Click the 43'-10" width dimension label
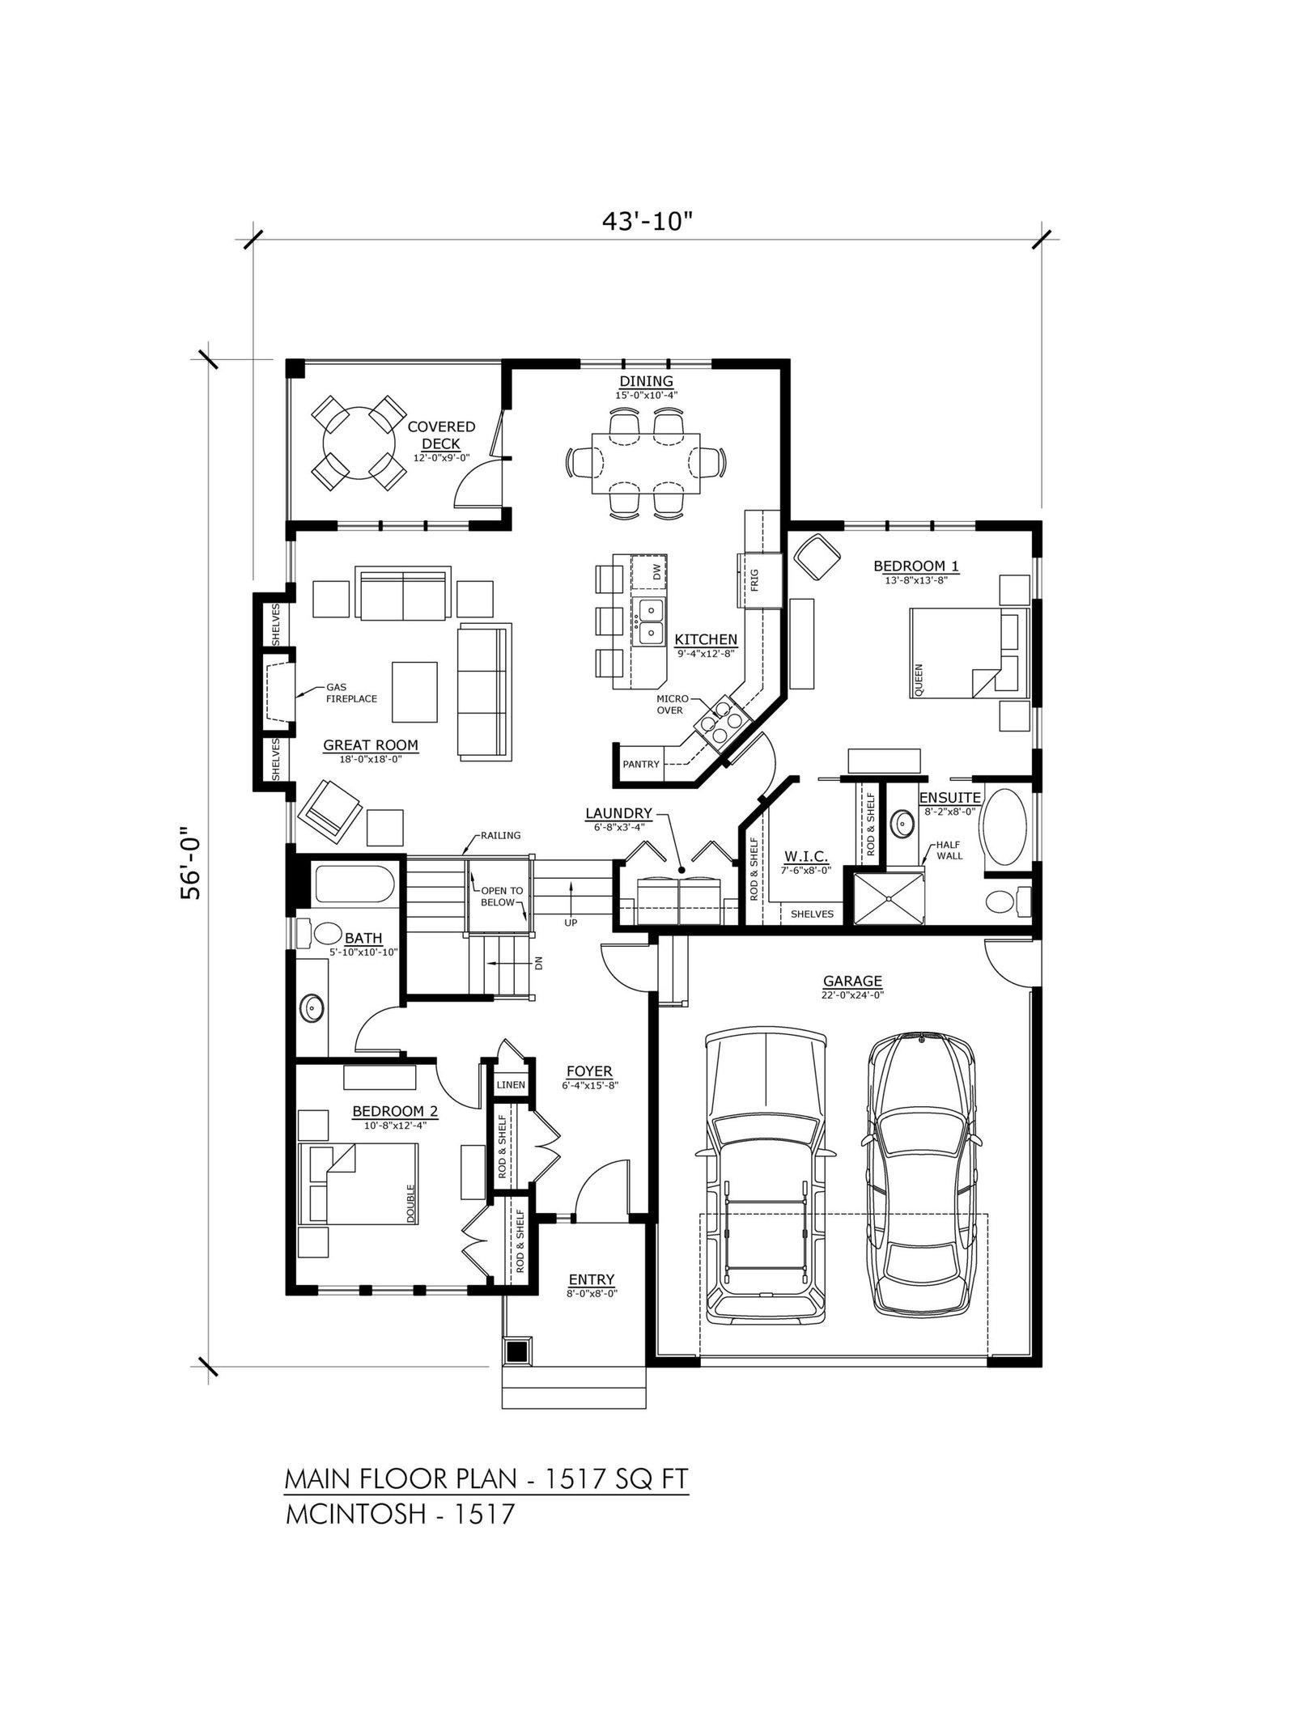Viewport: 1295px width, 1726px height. click(647, 223)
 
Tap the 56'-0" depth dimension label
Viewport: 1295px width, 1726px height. click(191, 863)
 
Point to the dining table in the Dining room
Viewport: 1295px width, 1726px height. click(645, 462)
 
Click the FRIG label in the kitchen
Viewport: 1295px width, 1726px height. click(754, 579)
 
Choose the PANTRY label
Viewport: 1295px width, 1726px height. click(641, 763)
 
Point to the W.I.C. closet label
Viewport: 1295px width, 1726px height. click(805, 856)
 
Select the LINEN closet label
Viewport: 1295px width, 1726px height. click(511, 1084)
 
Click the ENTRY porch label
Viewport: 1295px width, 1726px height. click(592, 1279)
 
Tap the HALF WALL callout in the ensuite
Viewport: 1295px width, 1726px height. click(949, 850)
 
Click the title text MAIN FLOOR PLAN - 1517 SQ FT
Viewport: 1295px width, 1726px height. click(486, 1478)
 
